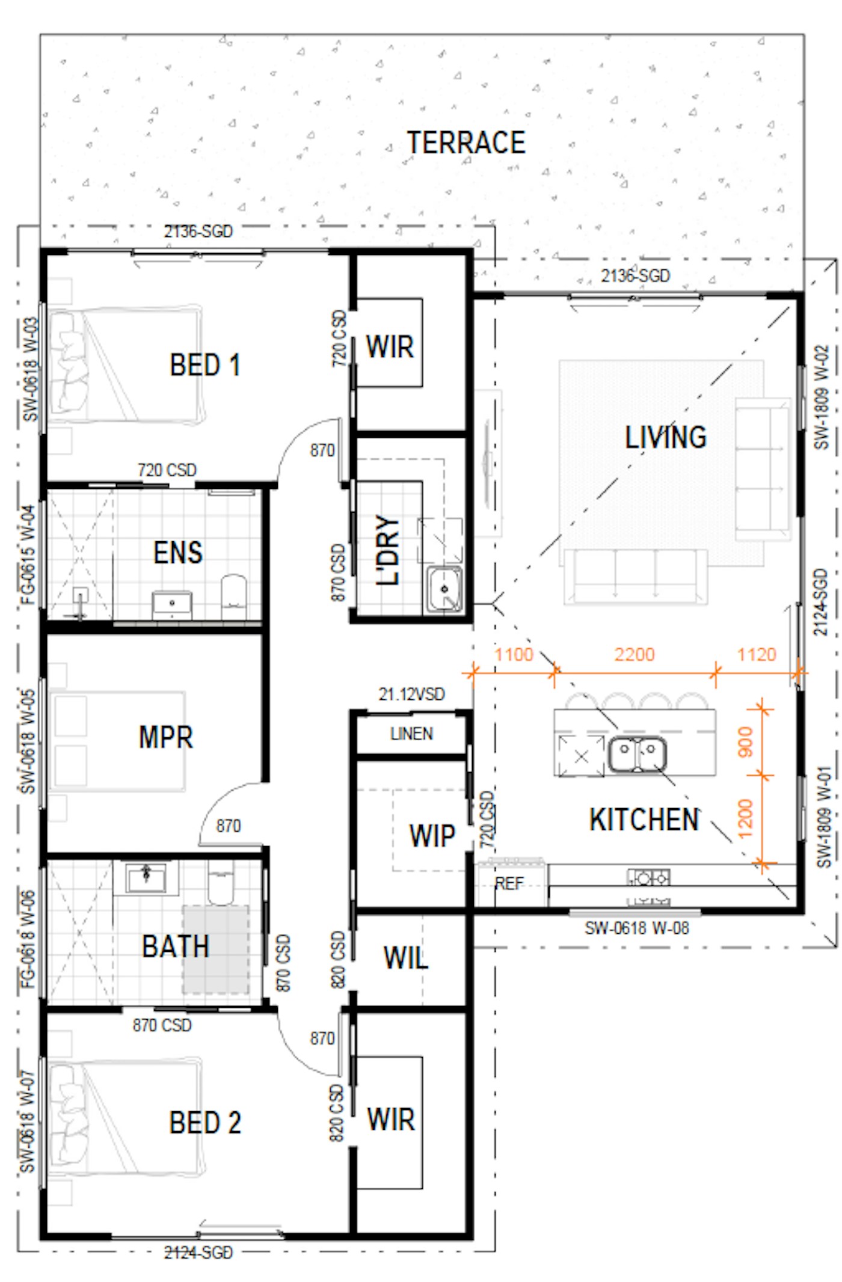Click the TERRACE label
tap(466, 143)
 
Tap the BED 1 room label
tap(205, 365)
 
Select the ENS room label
tap(178, 553)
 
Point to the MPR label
tap(165, 737)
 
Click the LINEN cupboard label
tap(411, 734)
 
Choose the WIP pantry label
tap(432, 835)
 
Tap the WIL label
tap(406, 958)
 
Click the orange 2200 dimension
tap(634, 654)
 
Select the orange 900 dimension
tap(745, 741)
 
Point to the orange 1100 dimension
tap(514, 654)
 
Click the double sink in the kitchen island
tap(637, 754)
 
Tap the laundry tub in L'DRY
tap(444, 589)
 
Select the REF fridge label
tap(509, 883)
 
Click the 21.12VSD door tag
tap(411, 694)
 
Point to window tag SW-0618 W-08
tap(637, 928)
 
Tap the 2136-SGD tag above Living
tap(635, 275)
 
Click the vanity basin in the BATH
tap(146, 878)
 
